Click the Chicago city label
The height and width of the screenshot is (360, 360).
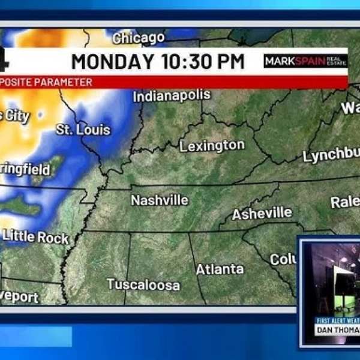click(138, 38)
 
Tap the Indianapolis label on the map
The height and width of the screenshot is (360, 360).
click(172, 95)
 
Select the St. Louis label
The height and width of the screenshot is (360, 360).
click(83, 129)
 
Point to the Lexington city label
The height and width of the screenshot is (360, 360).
click(212, 145)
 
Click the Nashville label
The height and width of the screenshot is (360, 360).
click(160, 200)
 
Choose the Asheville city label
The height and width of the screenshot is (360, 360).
click(262, 214)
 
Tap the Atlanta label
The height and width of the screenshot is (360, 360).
click(220, 269)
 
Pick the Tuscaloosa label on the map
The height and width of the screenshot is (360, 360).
click(143, 285)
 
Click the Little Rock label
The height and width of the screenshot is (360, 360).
click(35, 237)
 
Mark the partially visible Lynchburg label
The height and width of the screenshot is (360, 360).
click(331, 156)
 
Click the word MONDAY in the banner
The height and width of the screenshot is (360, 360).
click(112, 61)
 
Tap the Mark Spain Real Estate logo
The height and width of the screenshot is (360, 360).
click(305, 61)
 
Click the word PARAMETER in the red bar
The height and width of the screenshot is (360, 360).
click(66, 82)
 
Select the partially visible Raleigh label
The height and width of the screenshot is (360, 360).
click(345, 202)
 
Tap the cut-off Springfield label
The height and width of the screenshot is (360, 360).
click(25, 170)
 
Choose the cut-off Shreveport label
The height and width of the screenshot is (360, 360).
click(19, 297)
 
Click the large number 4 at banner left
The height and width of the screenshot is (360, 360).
click(5, 61)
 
